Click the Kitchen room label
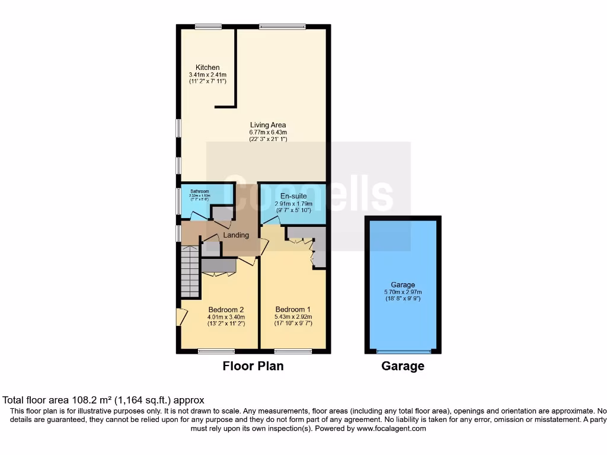(208, 68)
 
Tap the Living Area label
(268, 125)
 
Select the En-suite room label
(293, 196)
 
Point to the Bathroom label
(199, 191)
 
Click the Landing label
(236, 235)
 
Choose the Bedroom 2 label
(226, 309)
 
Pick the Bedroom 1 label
(293, 309)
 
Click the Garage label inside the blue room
(402, 284)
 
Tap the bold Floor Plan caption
(253, 366)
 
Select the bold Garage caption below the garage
(402, 366)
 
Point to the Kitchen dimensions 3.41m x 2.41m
(207, 75)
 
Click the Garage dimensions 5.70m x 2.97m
(403, 291)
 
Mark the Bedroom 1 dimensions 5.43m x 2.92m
(293, 316)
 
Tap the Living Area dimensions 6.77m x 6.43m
(268, 132)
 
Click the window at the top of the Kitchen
(208, 26)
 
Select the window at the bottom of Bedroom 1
(293, 351)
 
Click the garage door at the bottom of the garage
(402, 351)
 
